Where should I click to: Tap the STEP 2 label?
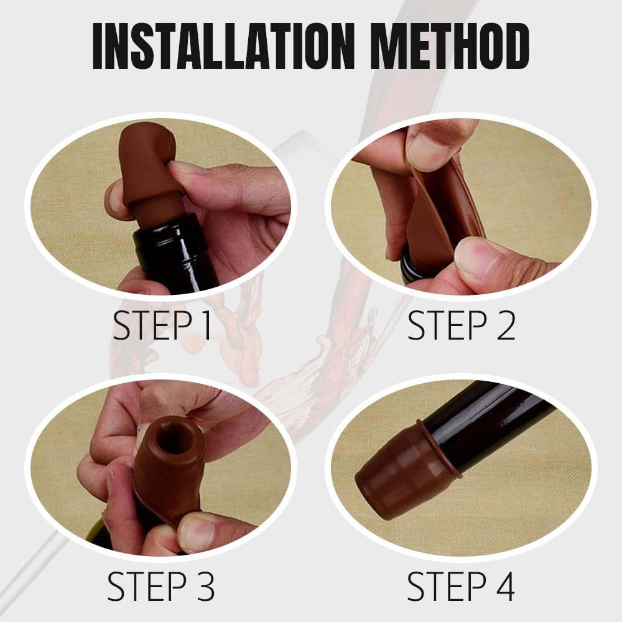tap(461, 325)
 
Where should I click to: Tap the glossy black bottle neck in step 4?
tap(498, 423)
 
